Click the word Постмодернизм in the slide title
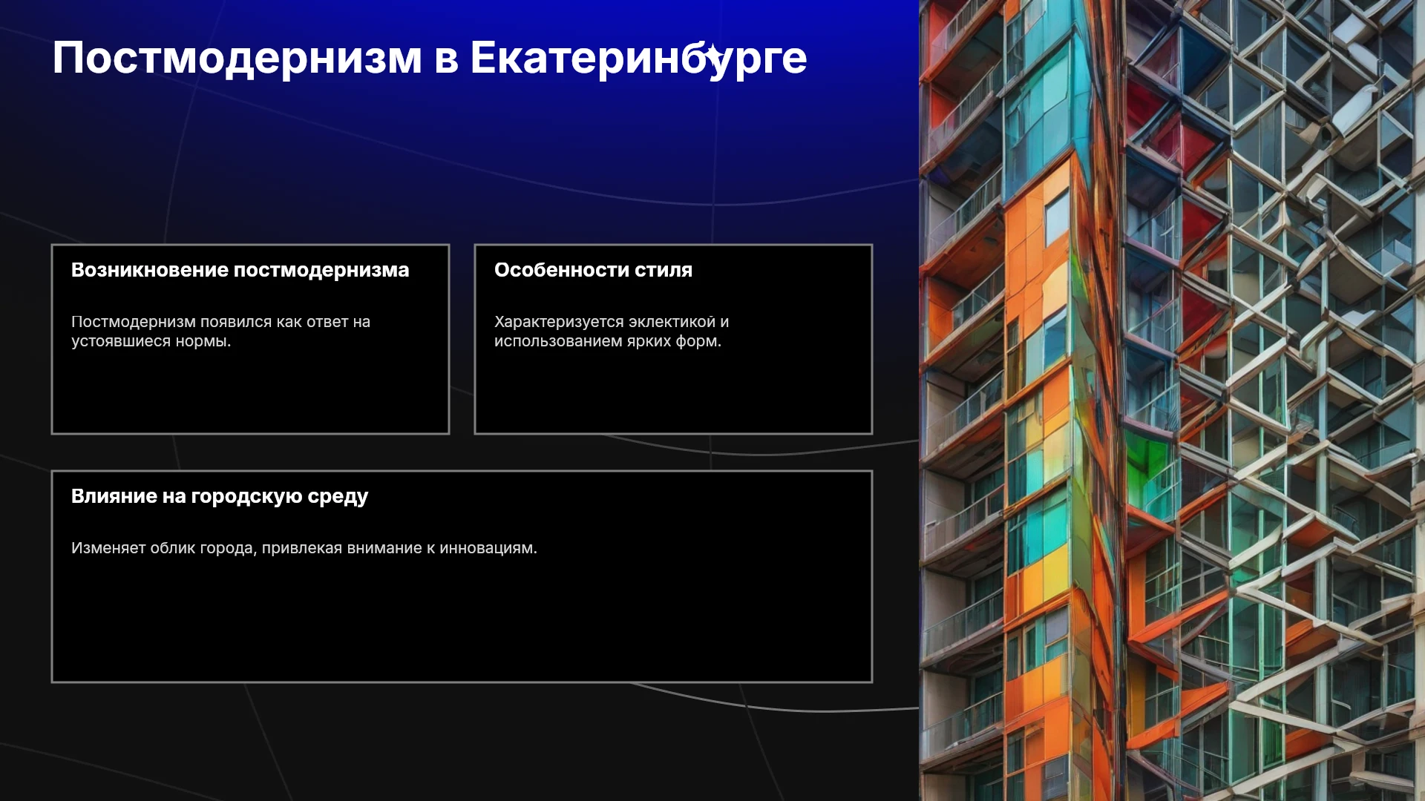237,59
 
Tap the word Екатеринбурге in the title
638,59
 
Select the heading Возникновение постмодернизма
240,270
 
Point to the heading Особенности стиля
593,270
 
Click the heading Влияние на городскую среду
220,497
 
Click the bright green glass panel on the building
1147,456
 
